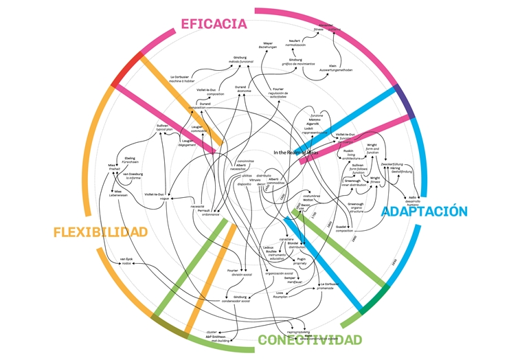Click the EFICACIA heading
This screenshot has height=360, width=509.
(213, 24)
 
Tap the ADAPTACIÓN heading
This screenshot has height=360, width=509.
(425, 212)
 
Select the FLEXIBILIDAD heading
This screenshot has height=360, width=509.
(100, 232)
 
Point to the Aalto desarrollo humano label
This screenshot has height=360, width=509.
(413, 201)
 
